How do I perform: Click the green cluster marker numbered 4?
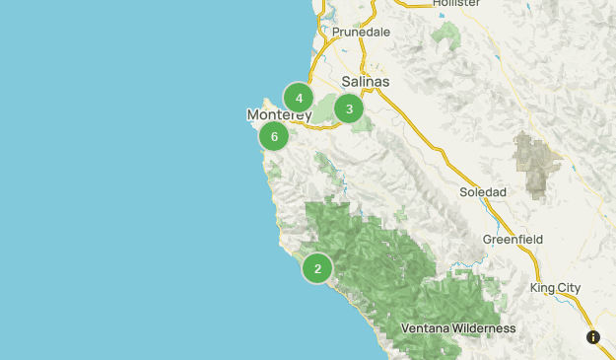click(299, 98)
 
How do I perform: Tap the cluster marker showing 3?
click(349, 108)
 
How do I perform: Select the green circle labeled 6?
click(274, 136)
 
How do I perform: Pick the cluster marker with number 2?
click(316, 267)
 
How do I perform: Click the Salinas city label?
click(366, 82)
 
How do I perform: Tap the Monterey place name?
click(279, 115)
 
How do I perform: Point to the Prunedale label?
click(361, 33)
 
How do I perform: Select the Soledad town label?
click(483, 191)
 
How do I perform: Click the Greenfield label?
click(513, 240)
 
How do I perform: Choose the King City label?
click(555, 288)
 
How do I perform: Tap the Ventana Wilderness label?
click(458, 328)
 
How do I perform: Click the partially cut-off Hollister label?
click(455, 4)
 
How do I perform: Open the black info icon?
click(593, 337)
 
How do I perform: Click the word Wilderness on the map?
click(482, 328)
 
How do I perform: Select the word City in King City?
click(569, 288)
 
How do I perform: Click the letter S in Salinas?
click(346, 82)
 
